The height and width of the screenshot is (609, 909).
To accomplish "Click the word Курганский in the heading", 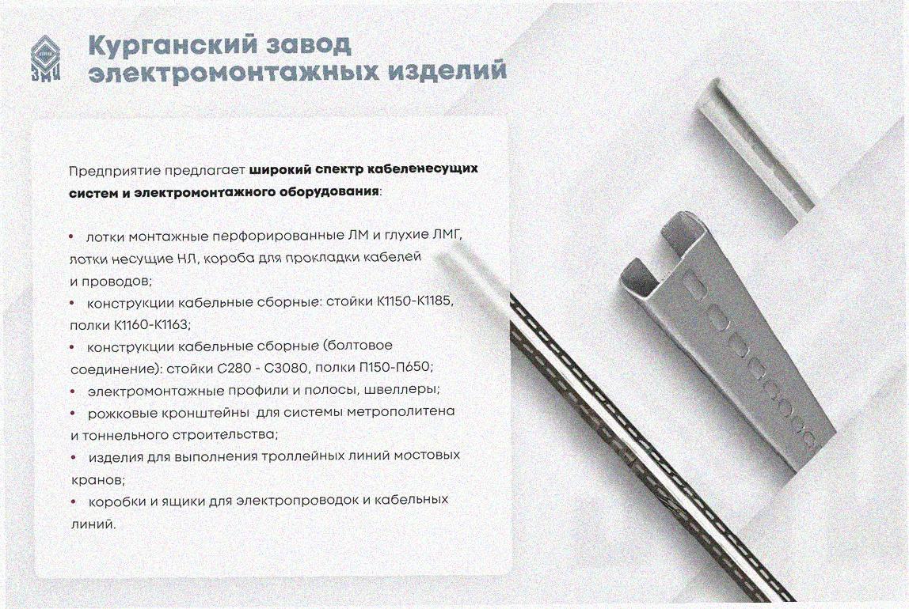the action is (x=169, y=45).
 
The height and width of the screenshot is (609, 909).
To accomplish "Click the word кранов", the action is (x=97, y=480).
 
